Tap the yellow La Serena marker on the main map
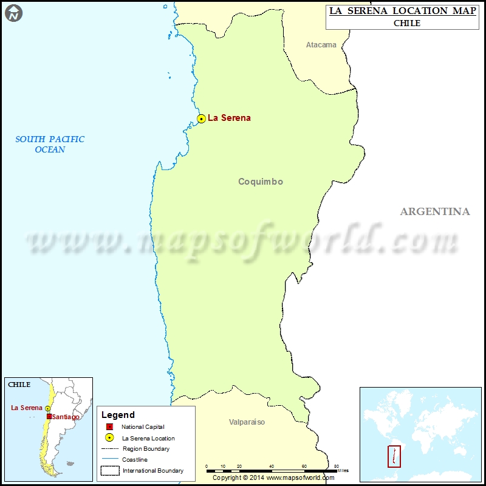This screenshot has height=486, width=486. [x=201, y=118]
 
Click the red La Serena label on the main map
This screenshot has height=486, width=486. [x=229, y=118]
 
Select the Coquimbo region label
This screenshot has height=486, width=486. [x=261, y=182]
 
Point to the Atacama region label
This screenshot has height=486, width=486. [x=321, y=45]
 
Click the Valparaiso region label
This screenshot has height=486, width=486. [x=247, y=422]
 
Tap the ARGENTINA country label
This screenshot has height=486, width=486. [x=434, y=211]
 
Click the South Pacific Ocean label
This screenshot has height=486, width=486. [x=50, y=144]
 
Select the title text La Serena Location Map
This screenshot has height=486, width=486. [x=403, y=11]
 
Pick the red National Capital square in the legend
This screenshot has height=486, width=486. [x=109, y=427]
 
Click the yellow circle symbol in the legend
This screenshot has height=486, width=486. [x=109, y=438]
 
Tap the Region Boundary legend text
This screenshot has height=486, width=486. [x=146, y=449]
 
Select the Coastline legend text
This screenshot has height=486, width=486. [x=134, y=460]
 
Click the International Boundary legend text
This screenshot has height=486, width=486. [x=153, y=471]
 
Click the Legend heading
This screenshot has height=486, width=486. [x=118, y=415]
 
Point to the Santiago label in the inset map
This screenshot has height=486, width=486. [x=66, y=417]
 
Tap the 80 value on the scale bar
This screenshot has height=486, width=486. [x=336, y=465]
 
